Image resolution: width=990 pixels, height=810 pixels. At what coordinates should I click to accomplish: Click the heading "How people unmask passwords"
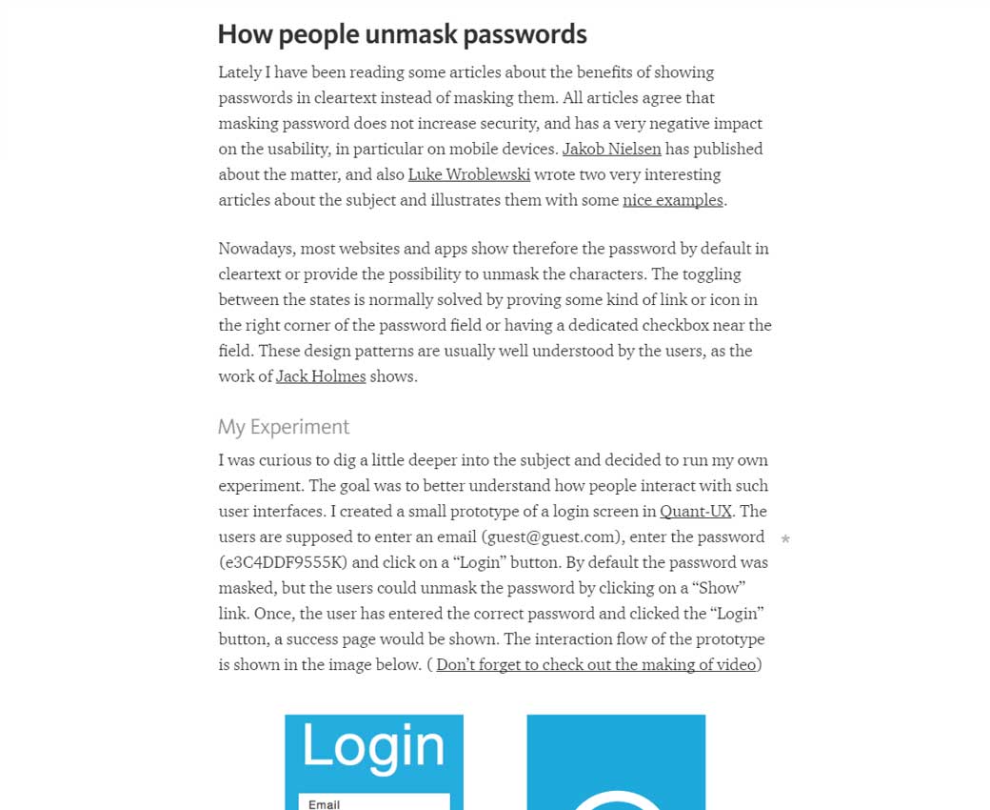pos(402,34)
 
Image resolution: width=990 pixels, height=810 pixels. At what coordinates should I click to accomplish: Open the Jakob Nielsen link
pos(611,149)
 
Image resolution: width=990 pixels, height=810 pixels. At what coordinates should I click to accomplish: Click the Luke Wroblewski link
pos(469,174)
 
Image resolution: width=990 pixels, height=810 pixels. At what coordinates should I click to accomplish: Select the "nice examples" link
pos(672,200)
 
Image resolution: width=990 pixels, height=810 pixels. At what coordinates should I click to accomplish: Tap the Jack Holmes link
pos(321,376)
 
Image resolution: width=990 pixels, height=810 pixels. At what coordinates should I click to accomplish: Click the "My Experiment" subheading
pos(284,427)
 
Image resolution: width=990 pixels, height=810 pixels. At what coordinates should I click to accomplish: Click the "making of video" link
pos(596,664)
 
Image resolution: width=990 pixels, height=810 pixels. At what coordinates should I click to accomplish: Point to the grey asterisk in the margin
pos(785,540)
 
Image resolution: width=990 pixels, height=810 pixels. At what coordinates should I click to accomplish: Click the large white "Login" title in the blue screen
pos(373,746)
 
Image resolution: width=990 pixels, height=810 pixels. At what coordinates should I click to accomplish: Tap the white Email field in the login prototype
pos(374,802)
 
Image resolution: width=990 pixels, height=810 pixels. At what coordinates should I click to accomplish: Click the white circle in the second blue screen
pos(616,800)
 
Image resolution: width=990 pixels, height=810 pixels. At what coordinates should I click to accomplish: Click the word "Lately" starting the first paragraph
pos(243,72)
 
